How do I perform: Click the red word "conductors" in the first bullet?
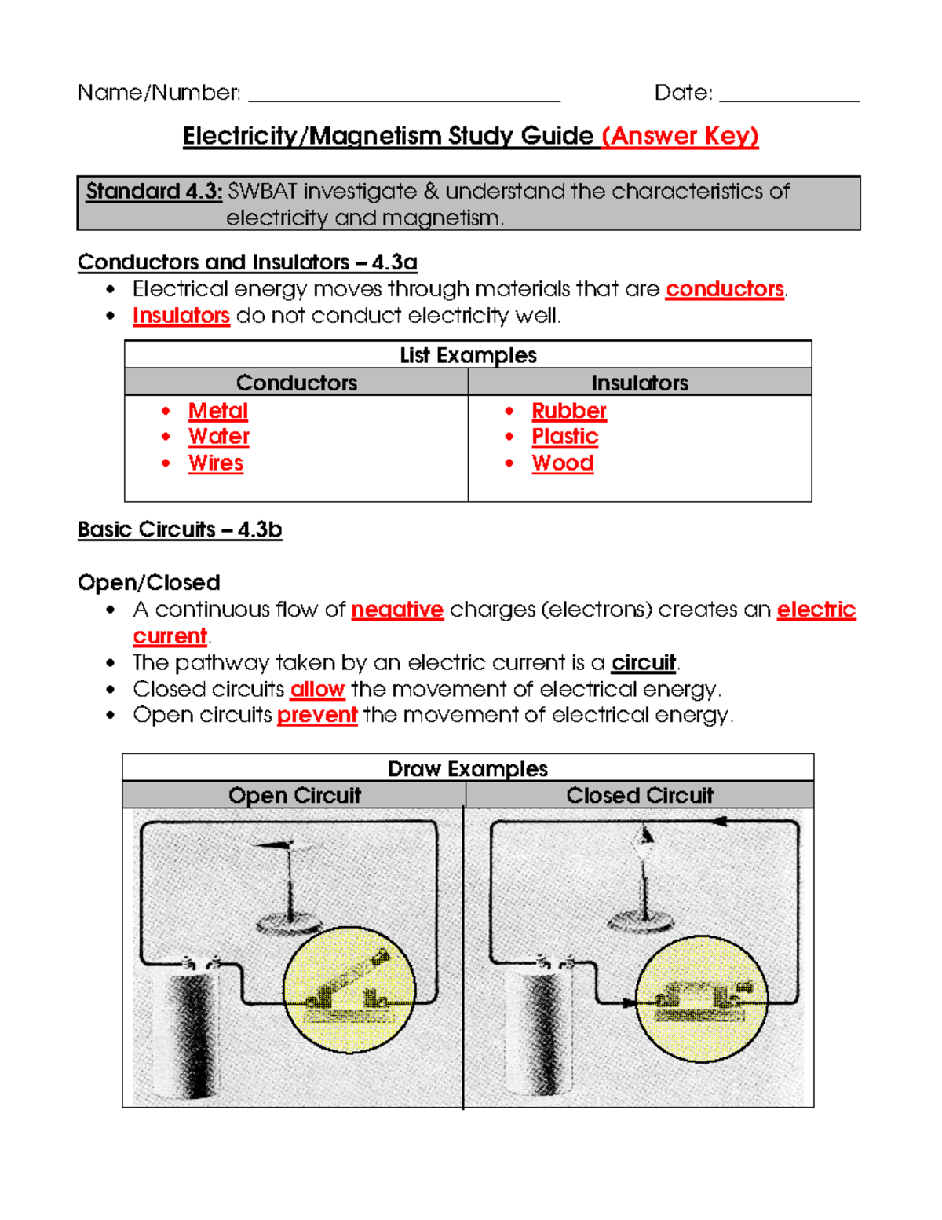click(x=724, y=289)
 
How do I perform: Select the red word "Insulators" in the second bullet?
click(x=181, y=316)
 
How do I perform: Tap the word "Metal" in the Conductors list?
click(x=217, y=411)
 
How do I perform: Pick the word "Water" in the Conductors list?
click(x=218, y=437)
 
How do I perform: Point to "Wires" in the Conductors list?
click(x=215, y=463)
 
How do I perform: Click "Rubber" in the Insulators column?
click(x=568, y=411)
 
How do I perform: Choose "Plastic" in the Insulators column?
click(x=564, y=437)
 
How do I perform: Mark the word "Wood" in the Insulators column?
click(x=562, y=463)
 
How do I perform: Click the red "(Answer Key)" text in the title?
click(x=680, y=136)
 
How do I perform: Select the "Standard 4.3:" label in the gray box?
click(x=154, y=191)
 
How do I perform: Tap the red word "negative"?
click(x=397, y=610)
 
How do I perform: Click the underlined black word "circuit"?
click(x=644, y=663)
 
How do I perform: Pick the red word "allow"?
click(x=317, y=690)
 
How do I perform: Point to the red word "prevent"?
click(x=317, y=716)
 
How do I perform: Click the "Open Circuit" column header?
click(x=294, y=795)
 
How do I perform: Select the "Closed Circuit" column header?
click(x=640, y=795)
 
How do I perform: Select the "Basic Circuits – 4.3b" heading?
click(x=179, y=529)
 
